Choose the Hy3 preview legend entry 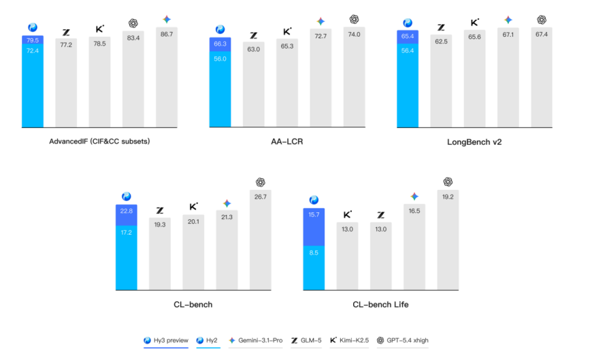(165, 340)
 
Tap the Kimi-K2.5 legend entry (349, 340)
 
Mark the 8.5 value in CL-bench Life (313, 253)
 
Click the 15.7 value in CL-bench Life (313, 215)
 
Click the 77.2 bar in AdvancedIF (66, 82)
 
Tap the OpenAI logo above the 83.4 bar (133, 23)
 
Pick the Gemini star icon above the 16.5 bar (414, 196)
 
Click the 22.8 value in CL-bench (126, 210)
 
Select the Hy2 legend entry (208, 340)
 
